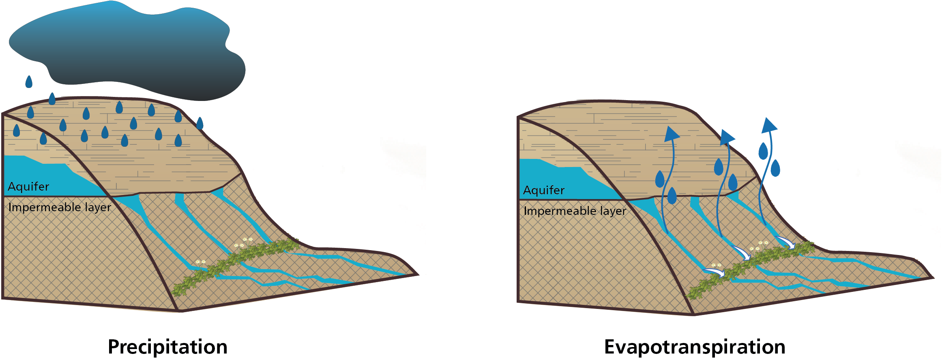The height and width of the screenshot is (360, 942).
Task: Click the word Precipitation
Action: (167, 347)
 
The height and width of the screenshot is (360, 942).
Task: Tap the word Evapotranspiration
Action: (695, 347)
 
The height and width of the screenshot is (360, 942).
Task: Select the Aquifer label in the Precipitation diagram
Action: (28, 186)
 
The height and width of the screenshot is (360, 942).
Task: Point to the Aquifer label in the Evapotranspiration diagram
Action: (544, 190)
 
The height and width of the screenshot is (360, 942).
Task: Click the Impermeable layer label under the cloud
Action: (60, 207)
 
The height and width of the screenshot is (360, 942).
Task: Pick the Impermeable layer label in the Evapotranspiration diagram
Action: (575, 211)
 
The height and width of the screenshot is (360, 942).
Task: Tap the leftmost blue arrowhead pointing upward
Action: (672, 134)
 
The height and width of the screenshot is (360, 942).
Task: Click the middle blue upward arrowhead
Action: (727, 137)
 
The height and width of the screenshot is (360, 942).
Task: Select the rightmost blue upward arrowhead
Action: (769, 125)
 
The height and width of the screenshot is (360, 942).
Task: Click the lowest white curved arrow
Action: (715, 272)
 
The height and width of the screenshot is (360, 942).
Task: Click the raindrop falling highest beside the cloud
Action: (29, 81)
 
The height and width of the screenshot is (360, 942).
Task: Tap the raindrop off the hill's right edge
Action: (200, 123)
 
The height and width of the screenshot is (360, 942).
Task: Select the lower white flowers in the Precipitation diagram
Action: (200, 262)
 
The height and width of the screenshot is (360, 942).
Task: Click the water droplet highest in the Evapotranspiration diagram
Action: (763, 151)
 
